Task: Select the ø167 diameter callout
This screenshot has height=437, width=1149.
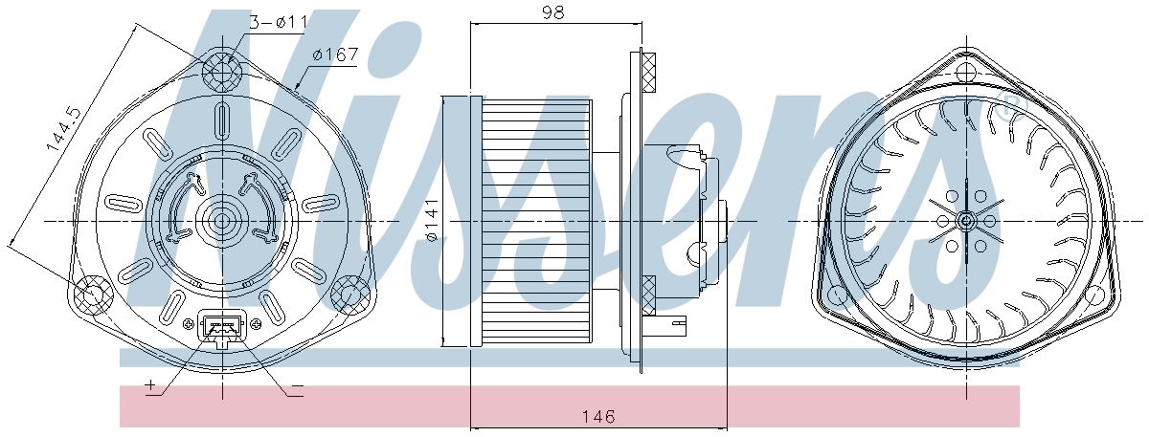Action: pos(334,55)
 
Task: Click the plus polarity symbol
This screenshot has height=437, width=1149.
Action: pos(151,386)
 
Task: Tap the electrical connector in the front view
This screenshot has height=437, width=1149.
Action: pos(222,329)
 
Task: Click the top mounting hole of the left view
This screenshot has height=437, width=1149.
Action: pos(222,69)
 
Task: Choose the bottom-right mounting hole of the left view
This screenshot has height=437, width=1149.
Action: pos(350,295)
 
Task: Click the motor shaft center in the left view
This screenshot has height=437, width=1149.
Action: pos(222,221)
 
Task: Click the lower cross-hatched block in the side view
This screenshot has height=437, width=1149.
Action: pos(648,295)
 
